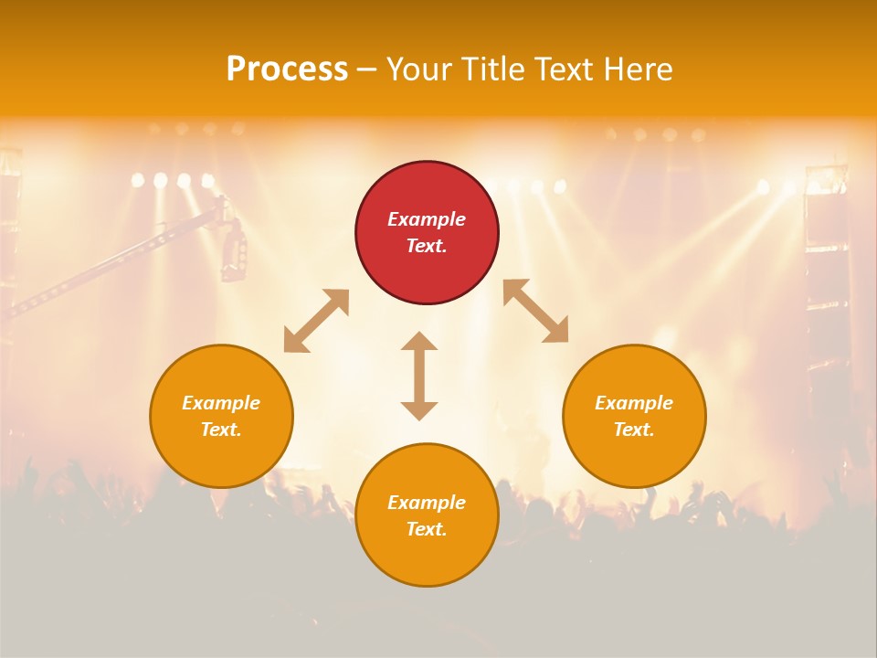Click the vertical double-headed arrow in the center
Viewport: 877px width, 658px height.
click(419, 376)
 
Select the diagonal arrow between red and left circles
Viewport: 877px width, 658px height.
click(316, 321)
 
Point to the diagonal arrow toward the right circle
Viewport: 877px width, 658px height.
click(535, 311)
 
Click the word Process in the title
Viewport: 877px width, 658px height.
click(287, 69)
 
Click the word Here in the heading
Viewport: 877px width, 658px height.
click(638, 69)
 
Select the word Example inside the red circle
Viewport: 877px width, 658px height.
click(427, 219)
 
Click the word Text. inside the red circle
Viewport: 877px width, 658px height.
click(427, 246)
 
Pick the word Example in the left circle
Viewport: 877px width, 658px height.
click(221, 403)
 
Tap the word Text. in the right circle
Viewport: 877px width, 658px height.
click(634, 430)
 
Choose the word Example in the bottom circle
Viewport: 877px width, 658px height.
click(427, 503)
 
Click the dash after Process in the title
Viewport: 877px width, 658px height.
click(367, 69)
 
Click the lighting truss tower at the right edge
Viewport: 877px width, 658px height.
click(828, 274)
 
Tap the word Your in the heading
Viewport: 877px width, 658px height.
click(420, 69)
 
